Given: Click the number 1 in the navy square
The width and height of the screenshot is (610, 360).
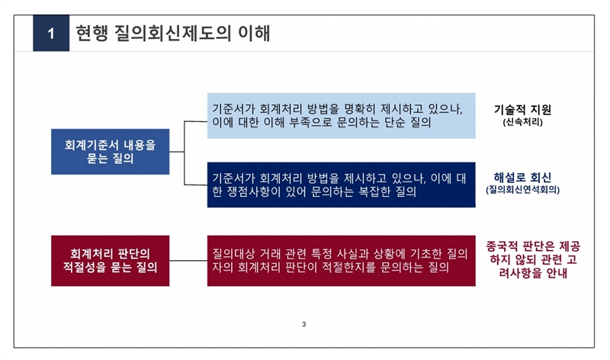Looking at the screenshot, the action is click(x=51, y=34).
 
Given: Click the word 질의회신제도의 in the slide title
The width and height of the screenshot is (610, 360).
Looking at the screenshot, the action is click(x=172, y=33).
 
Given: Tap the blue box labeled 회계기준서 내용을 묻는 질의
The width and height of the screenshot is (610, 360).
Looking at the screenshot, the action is click(x=110, y=151).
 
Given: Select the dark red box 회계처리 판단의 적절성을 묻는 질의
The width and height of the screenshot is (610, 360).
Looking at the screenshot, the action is click(x=110, y=261).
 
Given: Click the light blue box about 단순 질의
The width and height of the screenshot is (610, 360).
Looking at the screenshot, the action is click(x=341, y=116).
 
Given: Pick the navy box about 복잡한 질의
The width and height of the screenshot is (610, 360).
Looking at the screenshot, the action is click(x=341, y=185).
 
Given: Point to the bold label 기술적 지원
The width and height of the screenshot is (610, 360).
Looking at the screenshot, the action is click(x=522, y=110).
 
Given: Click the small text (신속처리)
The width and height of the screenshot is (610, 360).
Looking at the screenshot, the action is click(x=522, y=122).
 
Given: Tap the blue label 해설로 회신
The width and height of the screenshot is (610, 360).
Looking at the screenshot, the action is click(x=522, y=178).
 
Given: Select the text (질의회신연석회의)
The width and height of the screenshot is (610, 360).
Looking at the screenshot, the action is click(x=522, y=190).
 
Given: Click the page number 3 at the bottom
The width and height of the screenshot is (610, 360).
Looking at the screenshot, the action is click(x=303, y=324).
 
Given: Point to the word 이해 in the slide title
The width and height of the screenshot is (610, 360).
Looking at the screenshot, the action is click(x=254, y=33).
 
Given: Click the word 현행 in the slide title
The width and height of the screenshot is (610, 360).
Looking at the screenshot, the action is click(x=91, y=33).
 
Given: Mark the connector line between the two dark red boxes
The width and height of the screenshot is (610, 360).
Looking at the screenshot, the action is click(x=188, y=261).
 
